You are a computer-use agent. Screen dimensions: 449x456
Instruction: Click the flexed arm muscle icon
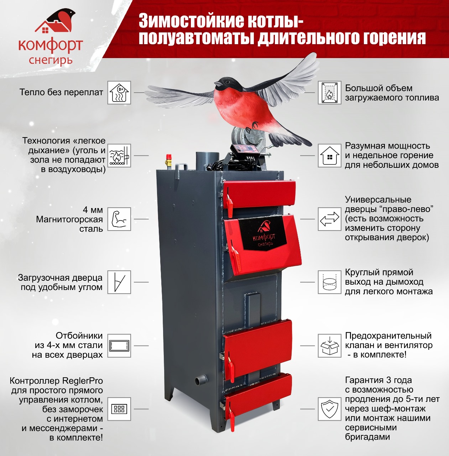click(x=119, y=219)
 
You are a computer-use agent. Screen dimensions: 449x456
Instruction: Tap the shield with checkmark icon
click(x=329, y=409)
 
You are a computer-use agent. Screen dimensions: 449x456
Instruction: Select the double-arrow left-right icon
click(x=329, y=219)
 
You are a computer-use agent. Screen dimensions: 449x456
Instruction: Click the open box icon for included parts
click(x=329, y=346)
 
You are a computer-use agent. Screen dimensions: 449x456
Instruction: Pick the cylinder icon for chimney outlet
click(x=329, y=282)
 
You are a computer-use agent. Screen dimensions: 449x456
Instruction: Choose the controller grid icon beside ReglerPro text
click(x=119, y=409)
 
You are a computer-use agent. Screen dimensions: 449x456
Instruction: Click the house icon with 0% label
click(x=119, y=93)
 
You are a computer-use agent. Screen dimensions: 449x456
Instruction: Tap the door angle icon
click(x=119, y=282)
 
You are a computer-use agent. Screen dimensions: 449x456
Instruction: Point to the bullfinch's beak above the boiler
click(x=217, y=83)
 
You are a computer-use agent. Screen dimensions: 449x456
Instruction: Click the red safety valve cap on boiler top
click(x=169, y=156)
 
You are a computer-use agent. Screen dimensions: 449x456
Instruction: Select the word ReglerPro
click(x=83, y=381)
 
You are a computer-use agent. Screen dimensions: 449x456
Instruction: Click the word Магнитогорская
click(x=69, y=219)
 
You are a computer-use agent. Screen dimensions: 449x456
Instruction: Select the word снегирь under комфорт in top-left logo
click(x=51, y=60)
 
